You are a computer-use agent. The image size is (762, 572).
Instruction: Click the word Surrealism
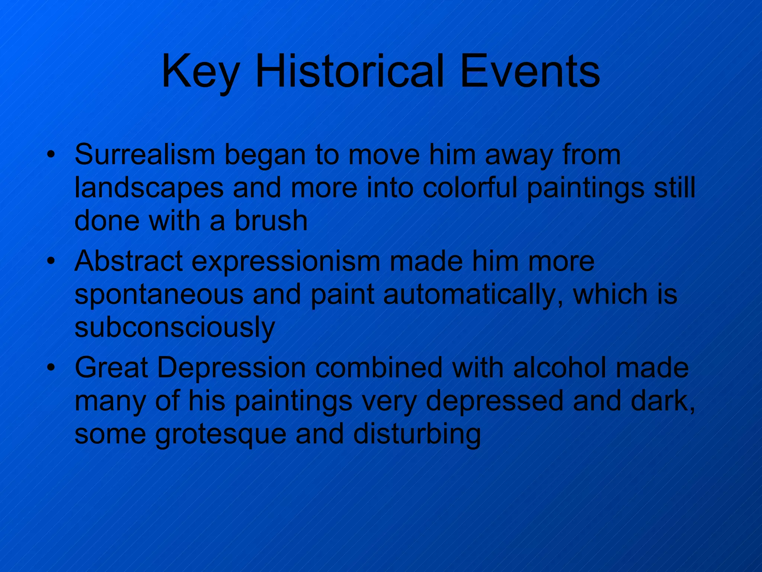pyautogui.click(x=145, y=155)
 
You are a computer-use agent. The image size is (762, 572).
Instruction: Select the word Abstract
pyautogui.click(x=128, y=261)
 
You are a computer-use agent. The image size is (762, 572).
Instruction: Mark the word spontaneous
pyautogui.click(x=159, y=295)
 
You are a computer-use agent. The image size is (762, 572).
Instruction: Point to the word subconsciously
pyautogui.click(x=175, y=327)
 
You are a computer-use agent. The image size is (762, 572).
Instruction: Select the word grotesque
pyautogui.click(x=221, y=434)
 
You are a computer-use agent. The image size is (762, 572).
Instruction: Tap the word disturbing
pyautogui.click(x=417, y=433)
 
